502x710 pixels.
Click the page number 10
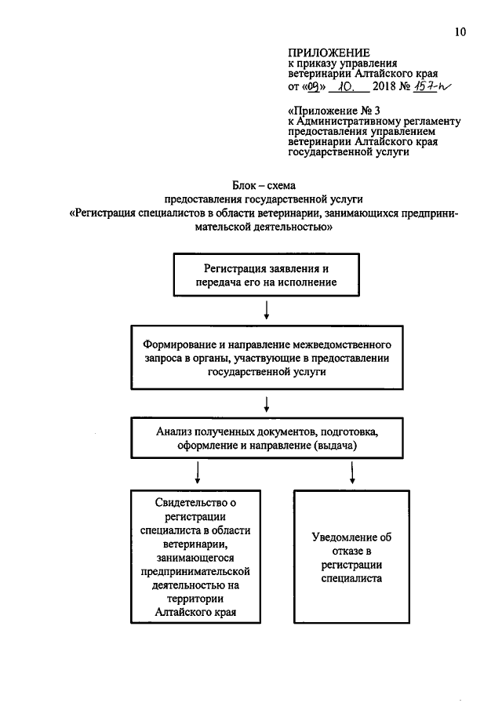(x=460, y=32)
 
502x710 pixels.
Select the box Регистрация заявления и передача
(x=267, y=276)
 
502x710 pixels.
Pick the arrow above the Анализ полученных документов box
(x=267, y=404)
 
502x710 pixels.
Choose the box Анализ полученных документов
(x=267, y=439)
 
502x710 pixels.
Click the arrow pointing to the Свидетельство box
(x=196, y=472)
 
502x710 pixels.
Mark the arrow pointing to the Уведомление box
(x=352, y=472)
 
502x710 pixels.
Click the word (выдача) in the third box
(x=335, y=446)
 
